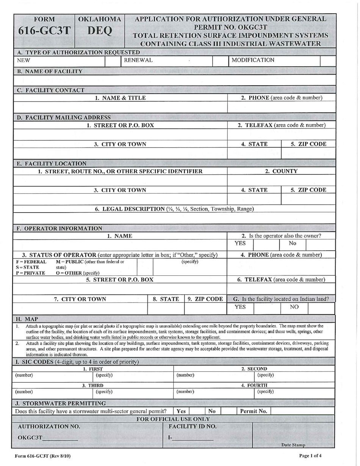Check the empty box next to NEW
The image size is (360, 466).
pyautogui.click(x=112, y=60)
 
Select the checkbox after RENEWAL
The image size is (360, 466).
pyautogui.click(x=219, y=60)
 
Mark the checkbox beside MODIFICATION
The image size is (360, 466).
pyautogui.click(x=327, y=60)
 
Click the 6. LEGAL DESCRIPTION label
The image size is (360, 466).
pyautogui.click(x=174, y=209)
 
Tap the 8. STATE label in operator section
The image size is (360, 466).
pyautogui.click(x=166, y=299)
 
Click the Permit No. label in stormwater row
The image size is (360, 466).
pyautogui.click(x=254, y=411)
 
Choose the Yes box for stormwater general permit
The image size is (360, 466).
pyautogui.click(x=196, y=411)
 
